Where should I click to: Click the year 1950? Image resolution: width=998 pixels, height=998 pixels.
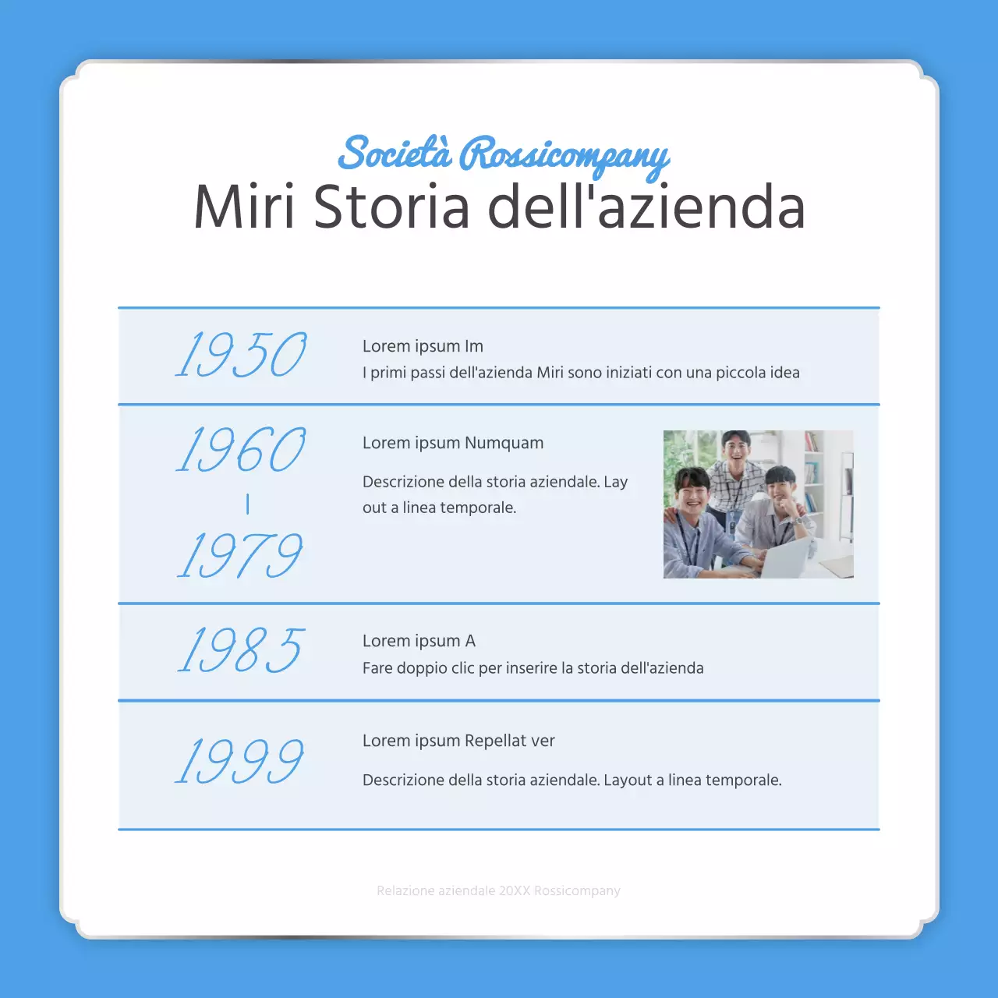(x=241, y=355)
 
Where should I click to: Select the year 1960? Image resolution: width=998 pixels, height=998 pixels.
(x=241, y=450)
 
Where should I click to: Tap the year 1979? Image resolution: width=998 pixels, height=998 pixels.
(x=239, y=555)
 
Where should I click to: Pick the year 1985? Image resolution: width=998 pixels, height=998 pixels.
(x=241, y=649)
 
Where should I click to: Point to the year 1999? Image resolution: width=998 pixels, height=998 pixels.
(x=239, y=761)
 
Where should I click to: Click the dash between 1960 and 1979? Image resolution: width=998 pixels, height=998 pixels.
(x=247, y=504)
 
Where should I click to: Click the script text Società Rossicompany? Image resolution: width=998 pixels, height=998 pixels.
(x=503, y=154)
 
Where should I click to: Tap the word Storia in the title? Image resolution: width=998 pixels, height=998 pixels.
(x=391, y=207)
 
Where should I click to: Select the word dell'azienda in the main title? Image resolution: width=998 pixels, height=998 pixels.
(x=646, y=207)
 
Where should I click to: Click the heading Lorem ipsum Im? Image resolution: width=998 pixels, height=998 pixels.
(x=423, y=346)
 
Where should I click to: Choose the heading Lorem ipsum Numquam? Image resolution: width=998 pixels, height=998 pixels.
(x=453, y=443)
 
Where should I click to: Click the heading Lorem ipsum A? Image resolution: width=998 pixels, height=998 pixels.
(x=419, y=641)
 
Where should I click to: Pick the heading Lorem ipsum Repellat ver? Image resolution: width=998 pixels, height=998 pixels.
(x=458, y=741)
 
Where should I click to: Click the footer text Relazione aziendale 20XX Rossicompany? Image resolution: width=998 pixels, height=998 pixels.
(x=498, y=890)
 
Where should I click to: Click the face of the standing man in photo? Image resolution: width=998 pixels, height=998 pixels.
(x=735, y=448)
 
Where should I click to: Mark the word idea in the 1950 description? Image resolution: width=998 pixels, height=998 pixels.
(x=784, y=373)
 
